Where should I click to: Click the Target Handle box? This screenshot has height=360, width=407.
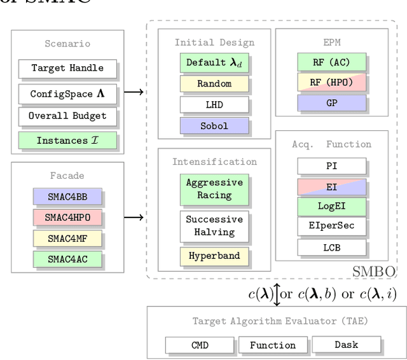[67, 68]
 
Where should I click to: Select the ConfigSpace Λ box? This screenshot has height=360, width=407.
[67, 93]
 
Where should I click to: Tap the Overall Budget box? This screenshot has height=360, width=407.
[67, 116]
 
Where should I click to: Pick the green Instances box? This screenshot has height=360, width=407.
[67, 141]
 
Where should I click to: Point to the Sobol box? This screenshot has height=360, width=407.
[214, 125]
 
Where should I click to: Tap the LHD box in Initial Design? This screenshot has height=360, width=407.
[214, 104]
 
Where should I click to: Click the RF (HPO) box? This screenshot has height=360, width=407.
[331, 81]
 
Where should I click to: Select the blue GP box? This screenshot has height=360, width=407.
[331, 102]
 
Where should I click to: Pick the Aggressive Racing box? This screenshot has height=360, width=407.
[214, 189]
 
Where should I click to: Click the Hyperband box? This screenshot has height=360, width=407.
[214, 256]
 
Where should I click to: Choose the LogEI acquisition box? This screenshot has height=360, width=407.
[331, 206]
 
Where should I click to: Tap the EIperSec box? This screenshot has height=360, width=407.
[331, 226]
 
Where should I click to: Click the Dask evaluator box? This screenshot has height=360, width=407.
[346, 345]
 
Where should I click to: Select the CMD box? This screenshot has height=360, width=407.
[199, 345]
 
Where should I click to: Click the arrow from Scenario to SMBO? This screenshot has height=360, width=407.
[133, 92]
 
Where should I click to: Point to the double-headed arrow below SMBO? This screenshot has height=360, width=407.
[277, 294]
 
